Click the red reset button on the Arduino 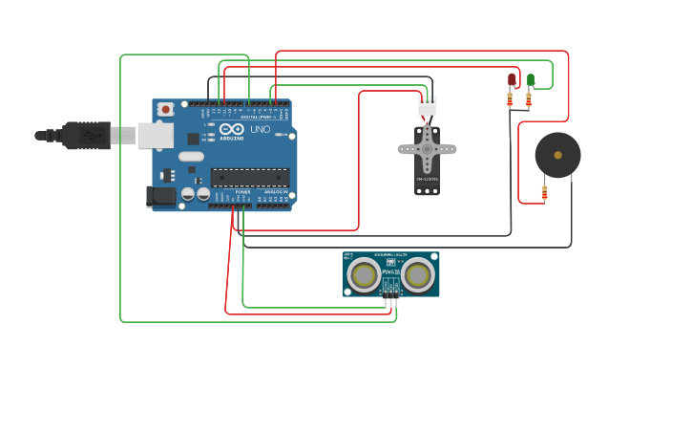pos(165,110)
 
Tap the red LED pos(512,78)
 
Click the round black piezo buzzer pos(557,155)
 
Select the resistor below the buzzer pos(544,193)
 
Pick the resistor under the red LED pos(510,98)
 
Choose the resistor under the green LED pos(528,98)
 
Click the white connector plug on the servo pos(427,107)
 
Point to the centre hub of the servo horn pos(427,148)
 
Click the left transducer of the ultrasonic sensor pos(364,275)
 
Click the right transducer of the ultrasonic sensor pos(417,275)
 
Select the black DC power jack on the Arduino pos(160,196)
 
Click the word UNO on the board pos(260,129)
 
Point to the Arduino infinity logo pos(231,129)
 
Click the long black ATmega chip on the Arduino pos(250,177)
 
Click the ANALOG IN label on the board pos(276,192)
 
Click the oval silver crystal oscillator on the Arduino pos(191,157)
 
